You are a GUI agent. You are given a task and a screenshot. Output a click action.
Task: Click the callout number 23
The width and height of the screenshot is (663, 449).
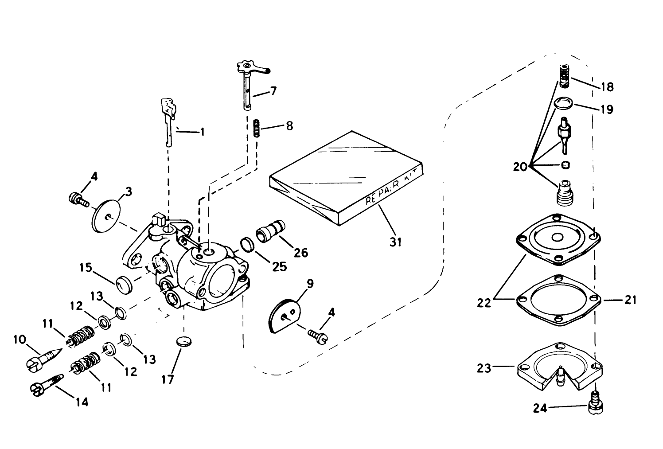(x=484, y=367)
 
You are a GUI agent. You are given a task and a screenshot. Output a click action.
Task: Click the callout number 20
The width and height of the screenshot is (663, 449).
(x=520, y=167)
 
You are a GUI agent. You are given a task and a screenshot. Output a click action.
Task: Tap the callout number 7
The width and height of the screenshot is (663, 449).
(x=273, y=91)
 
